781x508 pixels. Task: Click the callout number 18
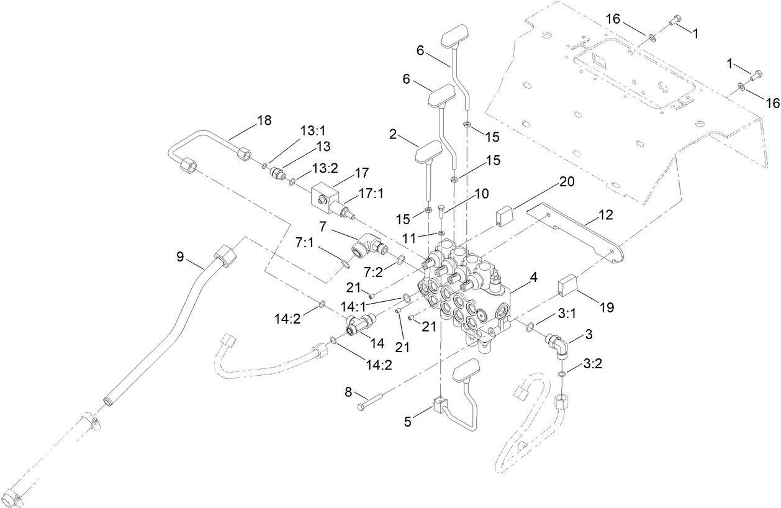click(x=264, y=120)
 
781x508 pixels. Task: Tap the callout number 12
click(x=605, y=215)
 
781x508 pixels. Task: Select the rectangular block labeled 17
click(x=323, y=195)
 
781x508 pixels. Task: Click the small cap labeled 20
click(x=506, y=217)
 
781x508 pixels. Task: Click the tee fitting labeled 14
click(x=359, y=324)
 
